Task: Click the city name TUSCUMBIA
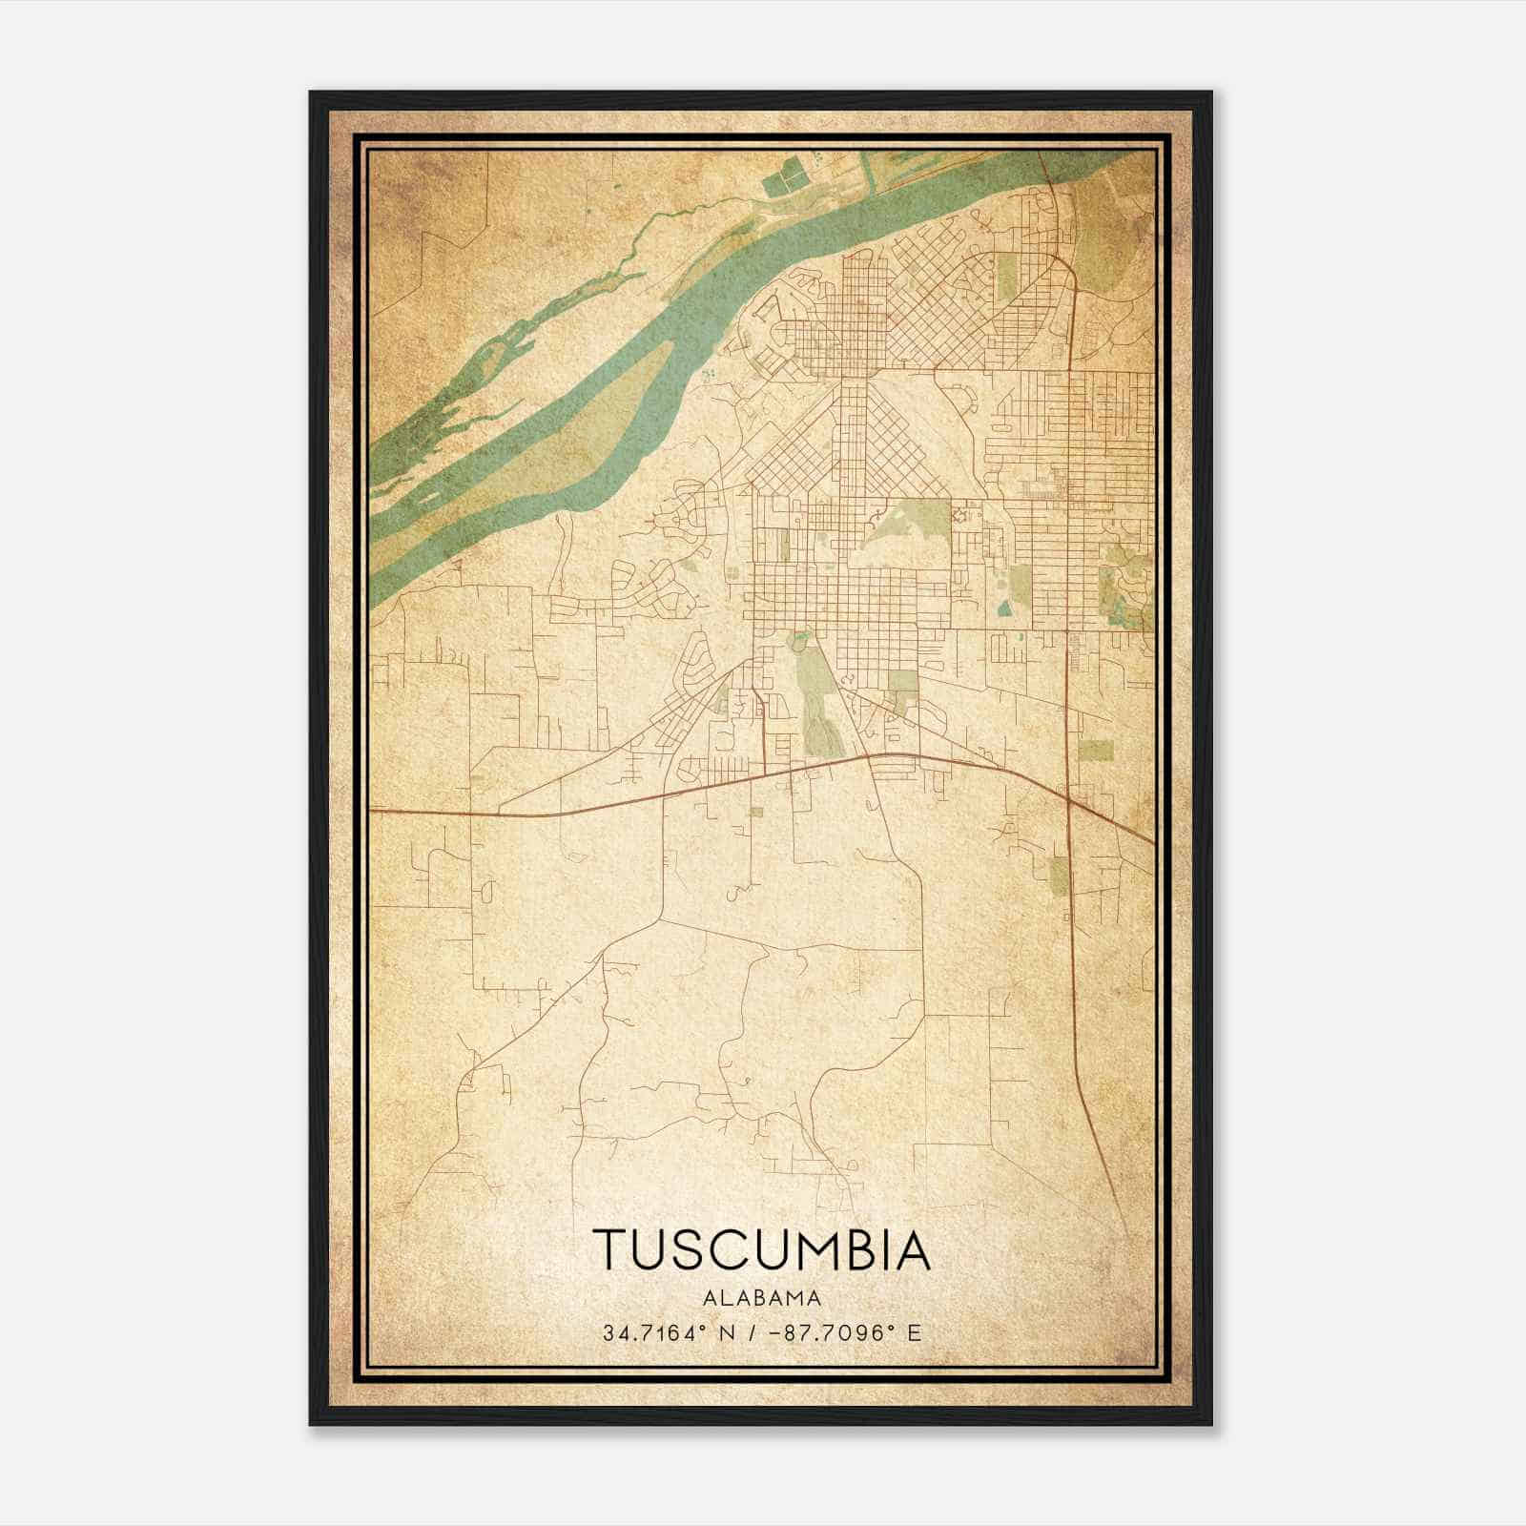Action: [761, 1249]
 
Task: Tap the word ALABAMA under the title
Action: [761, 1298]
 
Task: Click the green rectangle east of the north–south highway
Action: [1095, 750]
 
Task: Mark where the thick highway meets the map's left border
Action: [372, 811]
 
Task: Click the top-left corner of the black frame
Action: [311, 93]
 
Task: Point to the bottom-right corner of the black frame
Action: [1210, 1423]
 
